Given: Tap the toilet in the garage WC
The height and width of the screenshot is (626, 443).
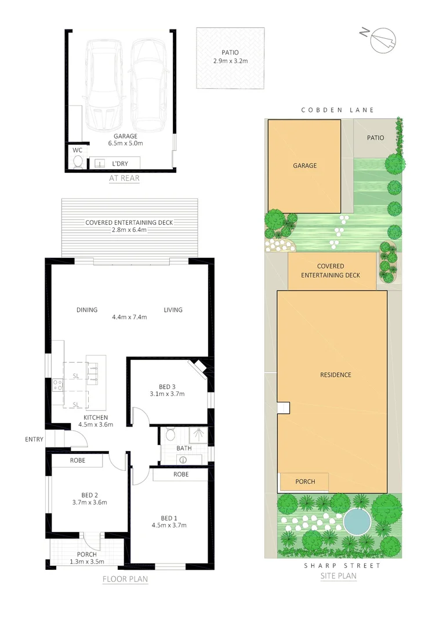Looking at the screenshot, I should [x=77, y=162].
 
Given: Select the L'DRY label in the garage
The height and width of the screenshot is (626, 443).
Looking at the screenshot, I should [x=121, y=164].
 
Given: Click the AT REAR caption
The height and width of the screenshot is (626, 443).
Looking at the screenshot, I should [x=124, y=179].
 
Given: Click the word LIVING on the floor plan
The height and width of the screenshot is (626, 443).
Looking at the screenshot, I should [x=173, y=310].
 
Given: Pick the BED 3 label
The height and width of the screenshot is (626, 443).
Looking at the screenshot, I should [x=168, y=387].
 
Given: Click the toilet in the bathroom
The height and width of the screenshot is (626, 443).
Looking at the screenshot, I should [x=170, y=434].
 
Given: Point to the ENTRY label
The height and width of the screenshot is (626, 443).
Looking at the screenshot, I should [x=34, y=439].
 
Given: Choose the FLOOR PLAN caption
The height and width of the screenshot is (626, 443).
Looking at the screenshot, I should [x=125, y=579].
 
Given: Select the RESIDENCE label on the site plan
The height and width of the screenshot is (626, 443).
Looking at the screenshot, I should [x=336, y=375].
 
